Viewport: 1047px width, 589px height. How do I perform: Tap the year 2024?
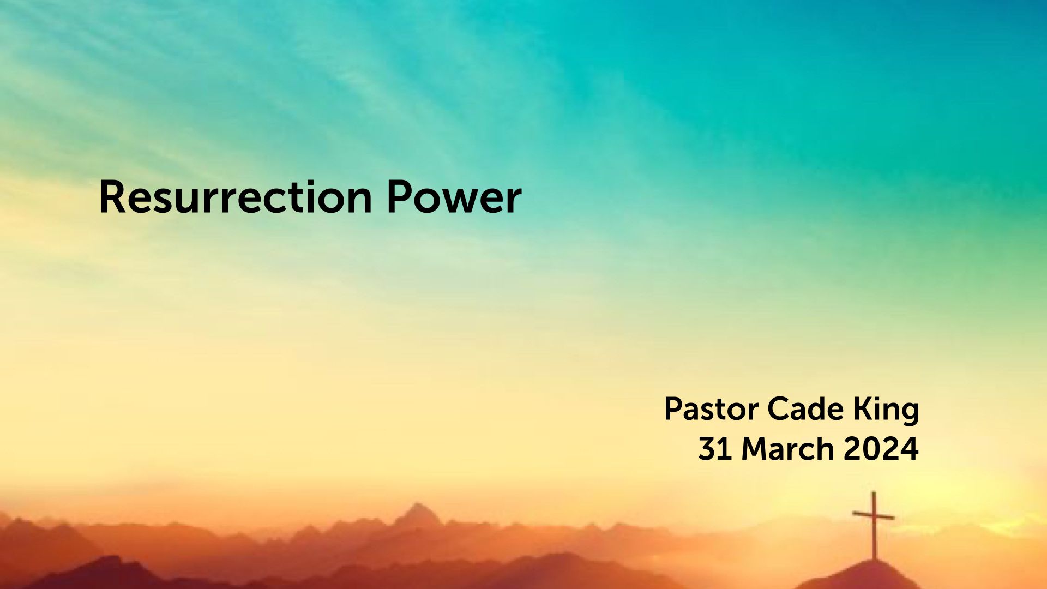click(881, 449)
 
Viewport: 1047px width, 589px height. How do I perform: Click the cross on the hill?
click(874, 525)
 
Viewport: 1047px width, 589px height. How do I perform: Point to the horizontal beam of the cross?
click(874, 515)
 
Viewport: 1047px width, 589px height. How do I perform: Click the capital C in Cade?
click(779, 409)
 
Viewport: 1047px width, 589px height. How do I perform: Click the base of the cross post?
click(874, 559)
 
